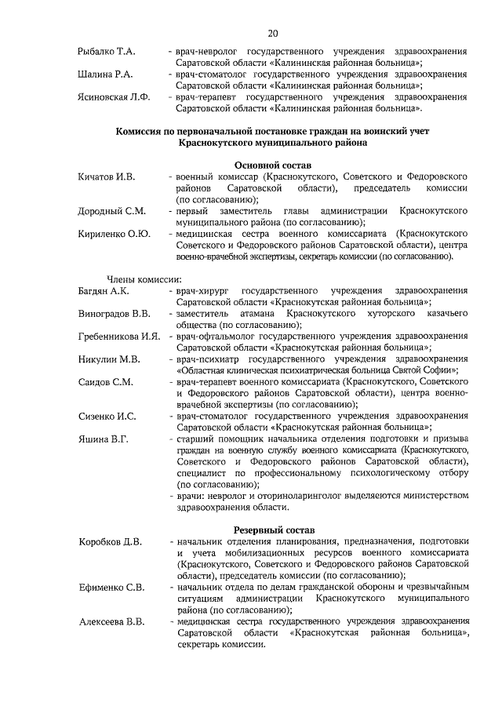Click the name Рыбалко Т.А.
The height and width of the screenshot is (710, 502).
pos(107,52)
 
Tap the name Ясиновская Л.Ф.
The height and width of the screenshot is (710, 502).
pos(114,97)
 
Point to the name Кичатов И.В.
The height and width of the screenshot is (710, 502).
pos(107,177)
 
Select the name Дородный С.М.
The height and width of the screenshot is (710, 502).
pos(111,211)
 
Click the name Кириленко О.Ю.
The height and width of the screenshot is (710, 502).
pos(114,234)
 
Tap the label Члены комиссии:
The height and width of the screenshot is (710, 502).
pos(144,279)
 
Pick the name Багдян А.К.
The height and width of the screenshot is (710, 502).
pos(104,291)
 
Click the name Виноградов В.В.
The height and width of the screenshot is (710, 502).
pos(115,314)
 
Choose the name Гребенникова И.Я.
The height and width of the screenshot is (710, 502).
pos(119,337)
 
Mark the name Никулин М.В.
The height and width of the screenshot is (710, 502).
pos(109,359)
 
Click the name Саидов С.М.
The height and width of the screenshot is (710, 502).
pos(106,382)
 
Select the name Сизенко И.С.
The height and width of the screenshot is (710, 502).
pos(107,416)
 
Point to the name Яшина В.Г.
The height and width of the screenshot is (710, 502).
pos(103,439)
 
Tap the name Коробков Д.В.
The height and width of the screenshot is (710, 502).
pos(111,541)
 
